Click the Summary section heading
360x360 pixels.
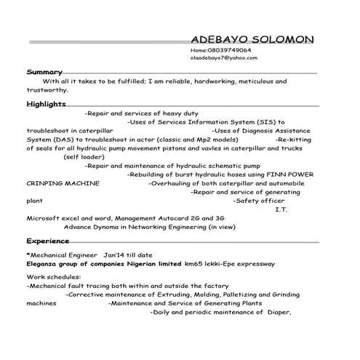point(44,72)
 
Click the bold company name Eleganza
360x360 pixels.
point(48,263)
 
